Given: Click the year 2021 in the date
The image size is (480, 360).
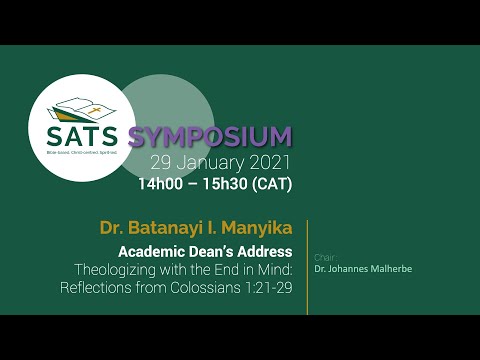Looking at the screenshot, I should click(270, 162).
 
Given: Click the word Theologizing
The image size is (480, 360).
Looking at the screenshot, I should click(118, 270).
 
